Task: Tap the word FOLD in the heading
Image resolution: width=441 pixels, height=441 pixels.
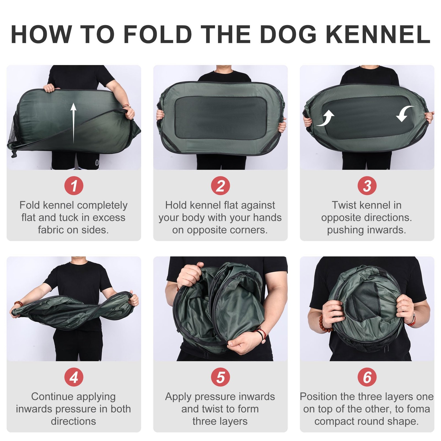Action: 157,34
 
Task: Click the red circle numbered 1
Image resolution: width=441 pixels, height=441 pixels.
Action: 74,186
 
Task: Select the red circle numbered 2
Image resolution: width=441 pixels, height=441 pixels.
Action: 220,186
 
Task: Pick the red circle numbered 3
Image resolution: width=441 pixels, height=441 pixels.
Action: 367,186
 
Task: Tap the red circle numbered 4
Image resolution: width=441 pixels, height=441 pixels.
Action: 74,377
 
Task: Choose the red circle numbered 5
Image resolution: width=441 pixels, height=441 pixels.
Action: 220,377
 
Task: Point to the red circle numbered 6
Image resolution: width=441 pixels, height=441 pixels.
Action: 367,377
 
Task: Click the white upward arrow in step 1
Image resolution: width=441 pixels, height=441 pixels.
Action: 73,123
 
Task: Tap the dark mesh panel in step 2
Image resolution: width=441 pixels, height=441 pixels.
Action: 220,117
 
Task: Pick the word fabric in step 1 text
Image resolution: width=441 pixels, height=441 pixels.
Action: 51,230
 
